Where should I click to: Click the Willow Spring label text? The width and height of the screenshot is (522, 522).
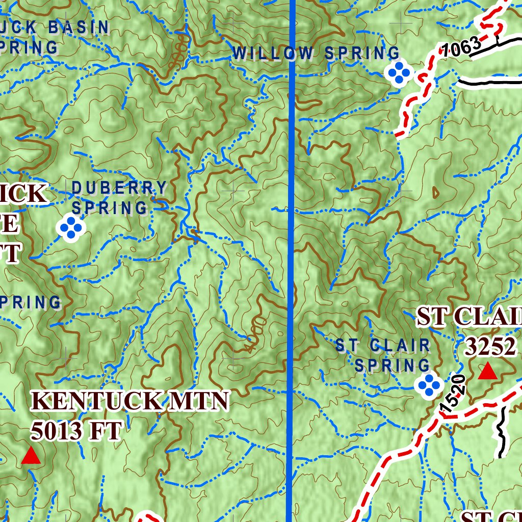316,53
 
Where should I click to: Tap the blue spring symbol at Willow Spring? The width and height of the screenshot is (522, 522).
399,73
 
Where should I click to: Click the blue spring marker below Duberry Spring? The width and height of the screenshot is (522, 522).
71,228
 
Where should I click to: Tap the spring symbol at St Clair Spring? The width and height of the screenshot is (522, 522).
428,385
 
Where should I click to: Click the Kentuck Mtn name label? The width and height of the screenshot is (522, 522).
130,402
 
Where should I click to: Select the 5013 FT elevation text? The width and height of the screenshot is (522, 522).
76,431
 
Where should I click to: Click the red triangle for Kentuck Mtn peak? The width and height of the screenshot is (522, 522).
31,456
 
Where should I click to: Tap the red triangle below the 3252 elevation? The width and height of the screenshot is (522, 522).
487,372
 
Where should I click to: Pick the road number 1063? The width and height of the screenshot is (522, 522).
461,47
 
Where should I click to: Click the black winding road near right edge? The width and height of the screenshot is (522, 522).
501,433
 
